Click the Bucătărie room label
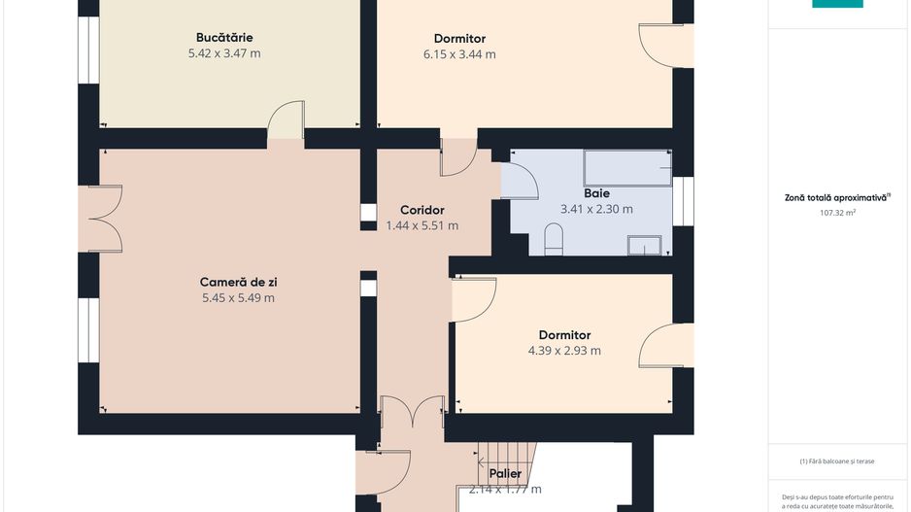coord(223,37)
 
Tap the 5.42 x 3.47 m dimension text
coord(223,53)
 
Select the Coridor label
coord(422,210)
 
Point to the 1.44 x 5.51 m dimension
coord(422,225)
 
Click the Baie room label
coord(596,193)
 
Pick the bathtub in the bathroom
coord(626,168)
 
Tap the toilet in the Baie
coord(554,239)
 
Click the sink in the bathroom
coord(643,245)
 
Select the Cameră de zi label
coord(238,282)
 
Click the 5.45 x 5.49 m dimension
coord(238,298)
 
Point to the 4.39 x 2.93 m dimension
coord(564,351)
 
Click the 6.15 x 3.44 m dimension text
coord(459,54)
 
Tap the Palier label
coord(505,474)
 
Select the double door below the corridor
coord(413,412)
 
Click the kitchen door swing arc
coord(286,120)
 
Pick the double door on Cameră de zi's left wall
coord(102,219)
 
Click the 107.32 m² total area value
coord(836,212)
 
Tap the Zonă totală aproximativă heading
coord(836,197)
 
